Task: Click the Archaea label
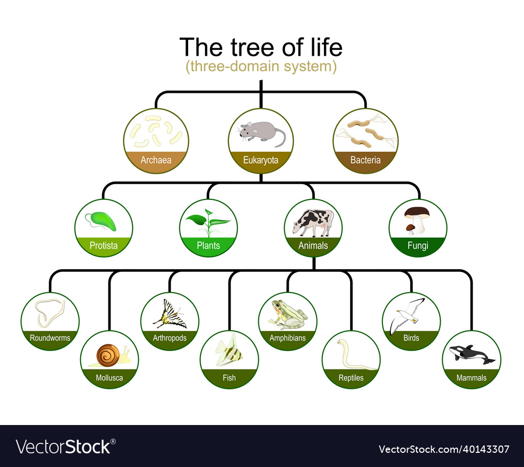(156, 160)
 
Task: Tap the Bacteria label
(365, 160)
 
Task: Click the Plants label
(208, 246)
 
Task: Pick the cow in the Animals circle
(313, 221)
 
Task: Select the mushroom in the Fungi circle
(417, 218)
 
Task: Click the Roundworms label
(50, 338)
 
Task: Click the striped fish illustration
(229, 351)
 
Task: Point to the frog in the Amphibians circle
(286, 314)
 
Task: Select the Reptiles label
(351, 377)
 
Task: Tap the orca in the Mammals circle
(472, 355)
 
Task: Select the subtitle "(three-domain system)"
(261, 67)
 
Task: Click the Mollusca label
(109, 377)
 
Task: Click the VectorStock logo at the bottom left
(63, 447)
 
